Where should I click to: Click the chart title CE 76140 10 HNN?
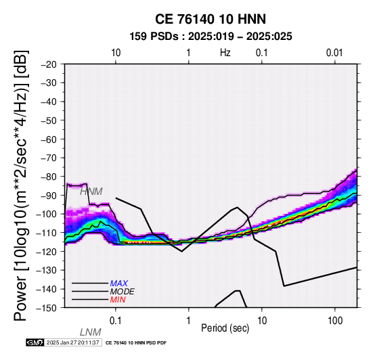point(211,19)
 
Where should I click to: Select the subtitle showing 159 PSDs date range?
point(211,37)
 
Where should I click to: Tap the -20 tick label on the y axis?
point(49,64)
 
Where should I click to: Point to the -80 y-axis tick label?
point(49,177)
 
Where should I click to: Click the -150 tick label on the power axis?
point(47,308)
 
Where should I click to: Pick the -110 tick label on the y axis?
point(47,233)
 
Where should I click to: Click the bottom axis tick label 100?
point(335,321)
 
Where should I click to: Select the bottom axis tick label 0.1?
point(116,321)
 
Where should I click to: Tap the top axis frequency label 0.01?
point(334,53)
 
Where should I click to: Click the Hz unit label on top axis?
point(225,53)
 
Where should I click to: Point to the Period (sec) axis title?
point(225,328)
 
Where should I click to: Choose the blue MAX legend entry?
point(119,284)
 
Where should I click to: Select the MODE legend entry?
point(123,292)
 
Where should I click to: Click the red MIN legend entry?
point(118,300)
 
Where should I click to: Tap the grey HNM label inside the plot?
point(91,192)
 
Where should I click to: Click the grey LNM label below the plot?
point(91,332)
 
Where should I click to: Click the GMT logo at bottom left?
point(35,342)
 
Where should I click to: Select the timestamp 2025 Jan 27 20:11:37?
point(72,342)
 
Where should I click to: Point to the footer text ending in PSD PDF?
point(136,343)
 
